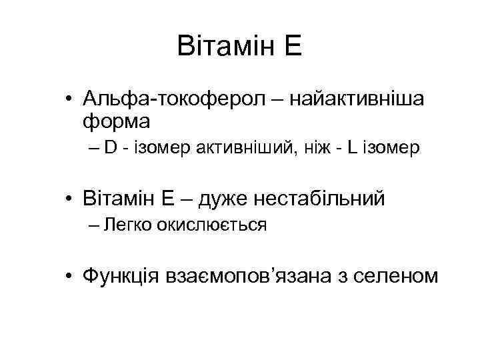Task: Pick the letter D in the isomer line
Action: [x=110, y=148]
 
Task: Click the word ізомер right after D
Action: [x=153, y=148]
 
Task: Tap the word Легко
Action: [x=128, y=225]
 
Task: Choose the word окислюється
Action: [x=211, y=225]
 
